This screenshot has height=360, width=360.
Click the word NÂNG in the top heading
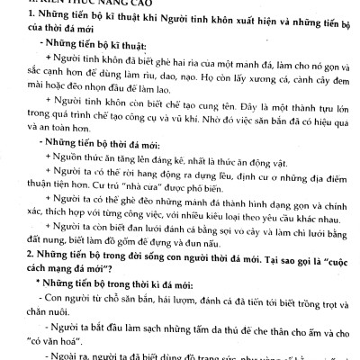point(94,4)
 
